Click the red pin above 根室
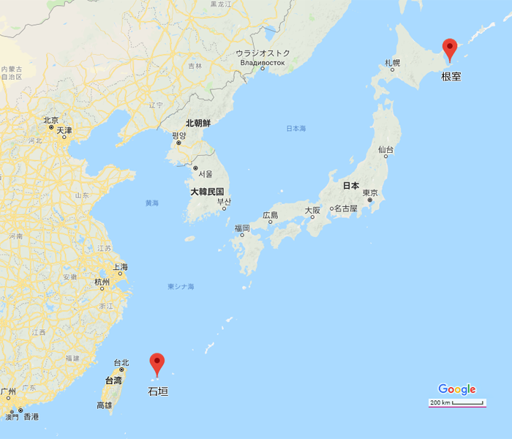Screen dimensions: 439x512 (x=450, y=48)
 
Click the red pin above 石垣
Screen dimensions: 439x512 (x=157, y=363)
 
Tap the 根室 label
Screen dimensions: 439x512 (x=451, y=75)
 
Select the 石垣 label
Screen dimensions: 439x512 (x=158, y=391)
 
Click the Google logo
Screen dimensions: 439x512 (x=457, y=389)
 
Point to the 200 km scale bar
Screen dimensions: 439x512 (x=458, y=402)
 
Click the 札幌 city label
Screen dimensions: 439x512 (x=393, y=64)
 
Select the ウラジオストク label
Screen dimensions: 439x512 (x=263, y=53)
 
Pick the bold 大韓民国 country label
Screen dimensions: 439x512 (x=207, y=191)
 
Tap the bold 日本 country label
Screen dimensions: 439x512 (x=351, y=186)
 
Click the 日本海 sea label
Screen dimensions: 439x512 (x=296, y=129)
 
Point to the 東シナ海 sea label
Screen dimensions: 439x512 (x=181, y=286)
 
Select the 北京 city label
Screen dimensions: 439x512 (x=50, y=120)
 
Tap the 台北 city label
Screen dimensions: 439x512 (x=121, y=363)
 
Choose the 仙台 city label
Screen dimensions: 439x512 (x=385, y=149)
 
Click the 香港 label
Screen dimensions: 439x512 (x=31, y=416)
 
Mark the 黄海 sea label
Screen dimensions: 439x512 (x=151, y=203)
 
